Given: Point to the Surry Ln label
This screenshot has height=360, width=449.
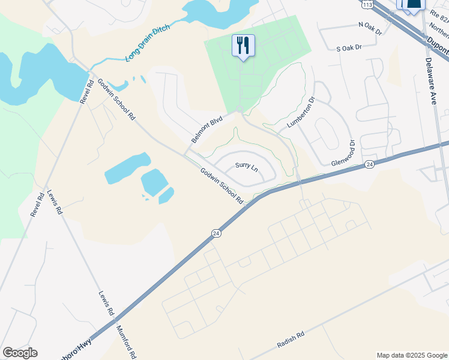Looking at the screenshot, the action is coord(246,166).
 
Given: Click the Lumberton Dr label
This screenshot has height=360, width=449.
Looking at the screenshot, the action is coord(301,112).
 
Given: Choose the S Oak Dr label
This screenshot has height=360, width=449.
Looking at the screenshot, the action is coord(349,47).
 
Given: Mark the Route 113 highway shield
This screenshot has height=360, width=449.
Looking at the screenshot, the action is coord(367,4).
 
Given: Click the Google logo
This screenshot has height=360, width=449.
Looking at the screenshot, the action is coord(20,353).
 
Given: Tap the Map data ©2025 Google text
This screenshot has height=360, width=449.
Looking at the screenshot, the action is coord(411,355).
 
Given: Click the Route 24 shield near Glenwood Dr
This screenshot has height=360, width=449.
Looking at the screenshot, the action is coord(368,164).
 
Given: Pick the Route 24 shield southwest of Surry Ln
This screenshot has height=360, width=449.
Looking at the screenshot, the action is coord(215,233).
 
